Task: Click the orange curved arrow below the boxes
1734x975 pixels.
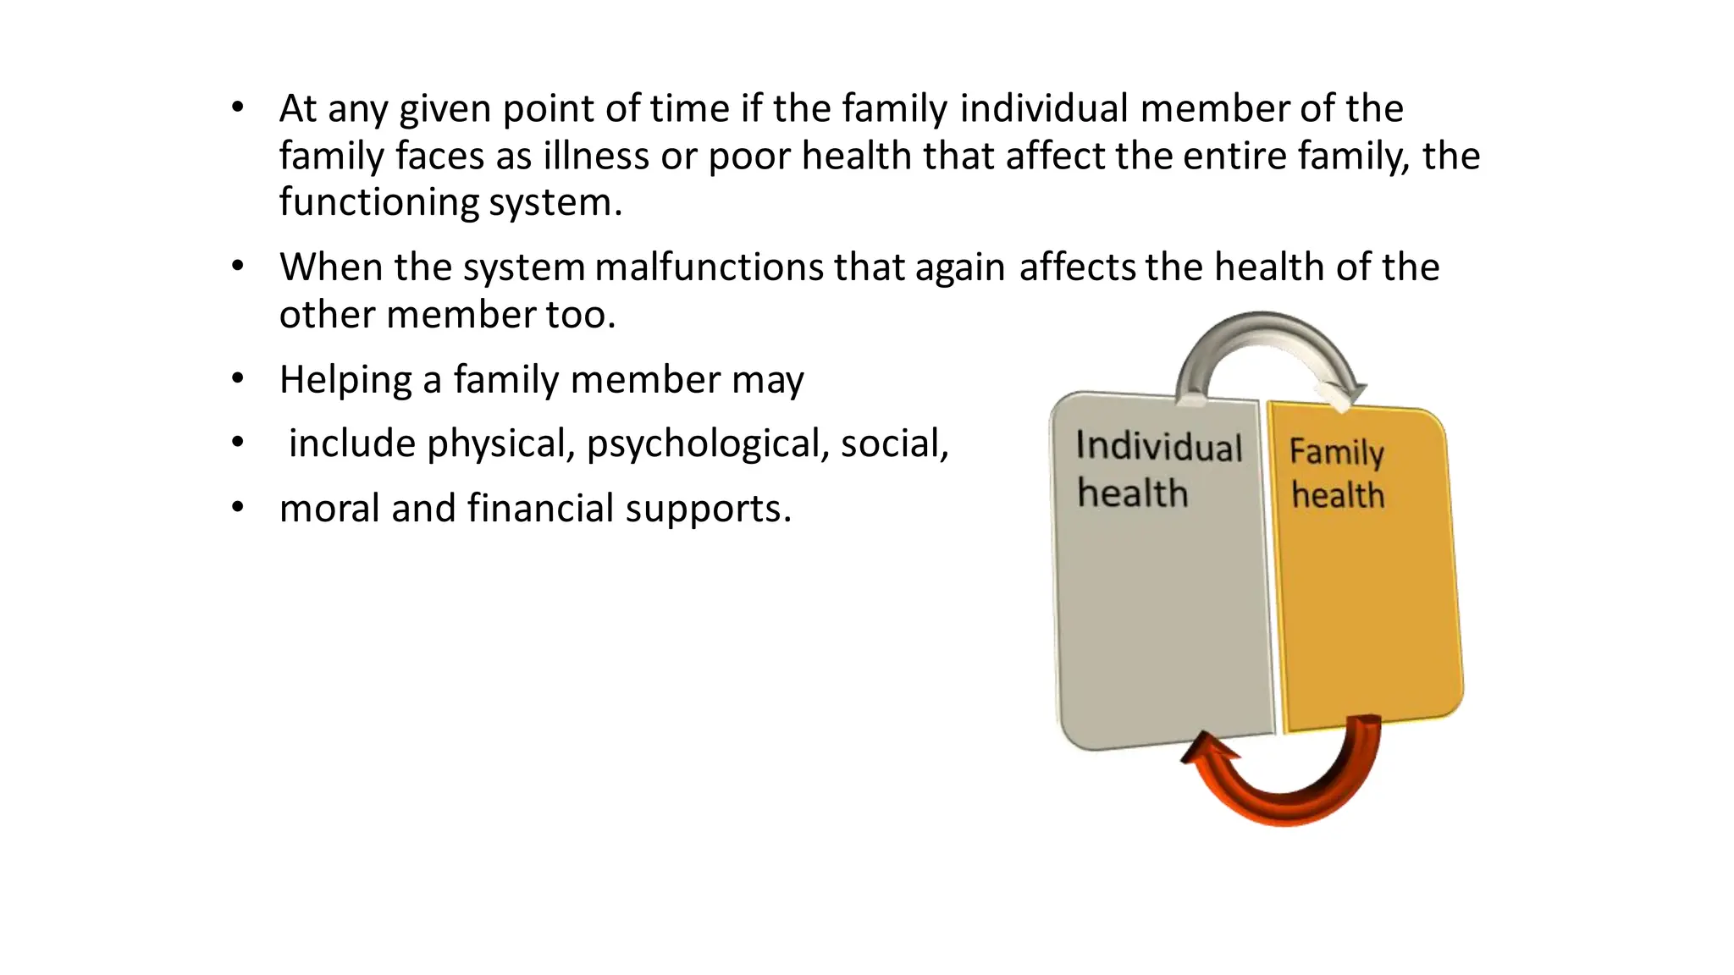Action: coord(1284,791)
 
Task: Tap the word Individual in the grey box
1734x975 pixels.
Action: coord(1158,447)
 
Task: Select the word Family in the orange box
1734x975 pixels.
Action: coord(1336,452)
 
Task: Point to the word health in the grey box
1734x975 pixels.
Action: coord(1133,493)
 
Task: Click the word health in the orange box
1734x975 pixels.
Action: coord(1338,495)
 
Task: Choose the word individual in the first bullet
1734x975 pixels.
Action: coord(1044,108)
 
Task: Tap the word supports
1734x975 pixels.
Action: coord(708,509)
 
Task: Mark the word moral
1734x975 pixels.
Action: coord(329,509)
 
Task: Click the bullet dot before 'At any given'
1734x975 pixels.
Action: coord(238,107)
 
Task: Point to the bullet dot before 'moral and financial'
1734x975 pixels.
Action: coord(238,508)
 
